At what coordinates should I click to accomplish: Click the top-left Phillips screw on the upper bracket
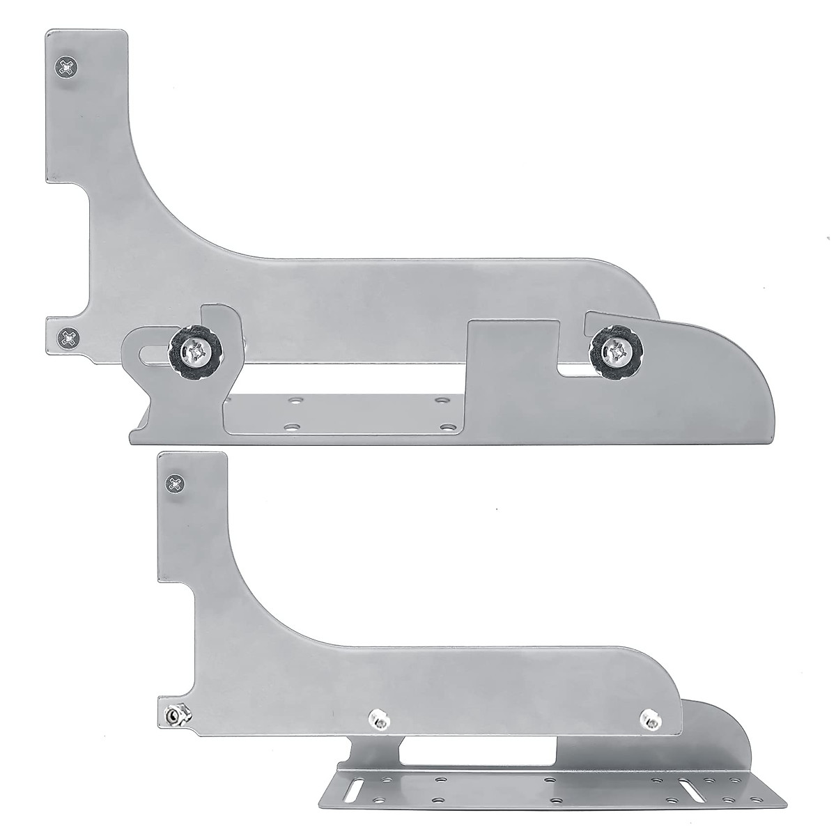[x=68, y=68]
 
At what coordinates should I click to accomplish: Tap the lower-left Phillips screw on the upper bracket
[x=68, y=339]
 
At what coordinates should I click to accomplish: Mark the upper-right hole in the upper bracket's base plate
[x=440, y=402]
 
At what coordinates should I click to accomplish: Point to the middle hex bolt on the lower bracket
[x=378, y=718]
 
